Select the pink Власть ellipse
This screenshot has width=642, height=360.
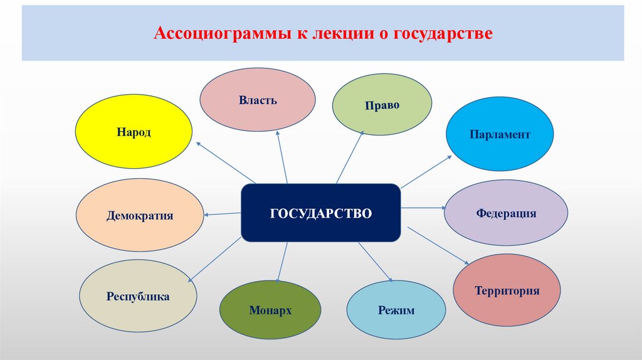point(258,100)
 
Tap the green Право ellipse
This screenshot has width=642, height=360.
point(382,104)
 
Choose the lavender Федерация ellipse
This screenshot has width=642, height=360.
point(506,213)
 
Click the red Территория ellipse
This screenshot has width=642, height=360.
point(507,290)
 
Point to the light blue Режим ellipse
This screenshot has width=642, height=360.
point(396,310)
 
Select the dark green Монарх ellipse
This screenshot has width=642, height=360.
point(270,310)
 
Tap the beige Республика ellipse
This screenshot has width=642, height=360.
point(138,296)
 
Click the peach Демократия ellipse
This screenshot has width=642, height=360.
point(140,215)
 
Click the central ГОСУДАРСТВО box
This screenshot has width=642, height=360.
point(321,213)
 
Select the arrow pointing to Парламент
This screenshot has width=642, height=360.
point(426,171)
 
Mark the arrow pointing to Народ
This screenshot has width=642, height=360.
point(226,162)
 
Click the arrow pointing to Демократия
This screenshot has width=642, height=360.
point(223,214)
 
